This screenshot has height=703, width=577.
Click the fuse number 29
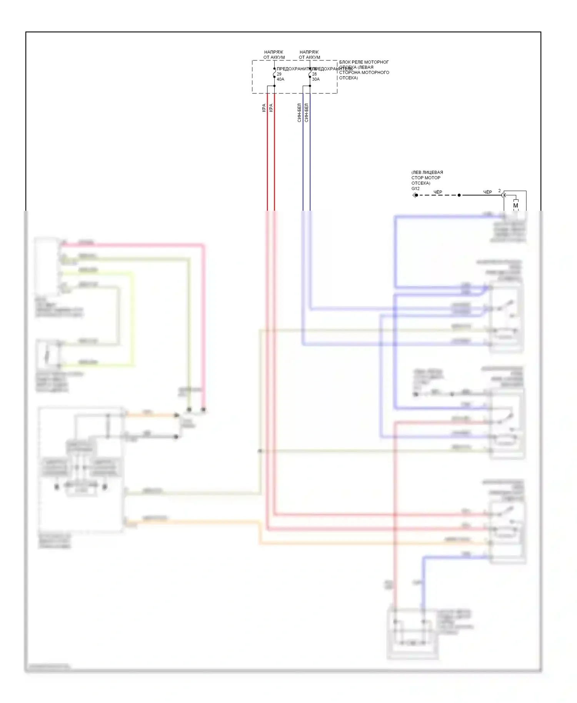click(x=279, y=74)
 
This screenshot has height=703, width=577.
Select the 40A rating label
click(x=280, y=79)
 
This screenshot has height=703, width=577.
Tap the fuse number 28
click(x=314, y=74)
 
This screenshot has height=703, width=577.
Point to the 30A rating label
click(x=316, y=79)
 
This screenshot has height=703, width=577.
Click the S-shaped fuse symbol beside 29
click(x=274, y=73)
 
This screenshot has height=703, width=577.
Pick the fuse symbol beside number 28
click(x=310, y=73)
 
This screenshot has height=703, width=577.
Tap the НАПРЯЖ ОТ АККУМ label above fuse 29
click(x=274, y=55)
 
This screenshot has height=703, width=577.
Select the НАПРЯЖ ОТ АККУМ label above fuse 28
click(x=309, y=55)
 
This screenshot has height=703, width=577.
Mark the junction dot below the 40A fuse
click(x=274, y=86)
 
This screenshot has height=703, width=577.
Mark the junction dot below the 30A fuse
click(x=310, y=86)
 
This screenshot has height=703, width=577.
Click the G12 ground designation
click(x=415, y=188)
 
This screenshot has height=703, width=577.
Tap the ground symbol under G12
click(x=414, y=195)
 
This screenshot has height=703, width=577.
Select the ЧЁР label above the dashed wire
click(x=438, y=192)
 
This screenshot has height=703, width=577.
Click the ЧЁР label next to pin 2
click(x=487, y=192)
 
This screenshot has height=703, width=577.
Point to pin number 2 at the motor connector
click(x=500, y=191)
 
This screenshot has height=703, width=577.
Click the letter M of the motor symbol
click(x=515, y=206)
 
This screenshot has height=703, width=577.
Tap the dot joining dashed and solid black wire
click(x=459, y=195)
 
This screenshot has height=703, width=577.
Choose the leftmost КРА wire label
click(x=264, y=108)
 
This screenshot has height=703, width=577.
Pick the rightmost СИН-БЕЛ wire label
click(x=307, y=113)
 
